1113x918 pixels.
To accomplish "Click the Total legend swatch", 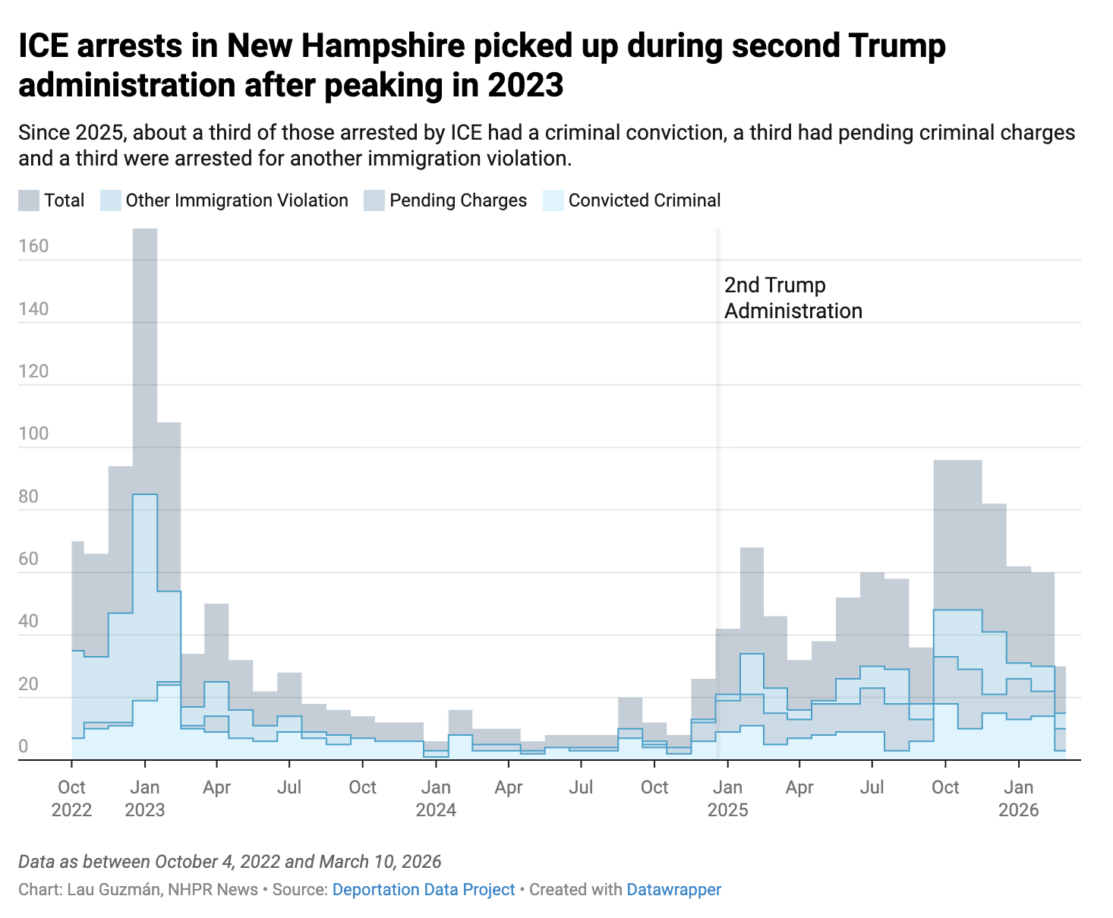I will (29, 200).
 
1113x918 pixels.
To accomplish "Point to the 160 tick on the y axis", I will (33, 246).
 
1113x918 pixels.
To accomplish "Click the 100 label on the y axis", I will (33, 434).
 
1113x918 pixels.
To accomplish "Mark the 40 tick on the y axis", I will (29, 621).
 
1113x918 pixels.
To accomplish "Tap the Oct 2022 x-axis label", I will (71, 798).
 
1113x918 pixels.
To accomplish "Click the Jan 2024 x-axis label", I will (436, 798).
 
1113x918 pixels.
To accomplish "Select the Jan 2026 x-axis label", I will (1018, 798).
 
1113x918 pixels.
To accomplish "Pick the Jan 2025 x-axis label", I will (727, 798).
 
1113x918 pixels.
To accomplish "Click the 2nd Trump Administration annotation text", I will (793, 298).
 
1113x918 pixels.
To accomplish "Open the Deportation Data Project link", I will (424, 889).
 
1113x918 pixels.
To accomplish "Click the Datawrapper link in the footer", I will (673, 889).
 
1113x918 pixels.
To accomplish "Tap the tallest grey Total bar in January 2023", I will (145, 342).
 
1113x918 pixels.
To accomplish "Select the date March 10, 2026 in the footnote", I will (380, 862).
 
